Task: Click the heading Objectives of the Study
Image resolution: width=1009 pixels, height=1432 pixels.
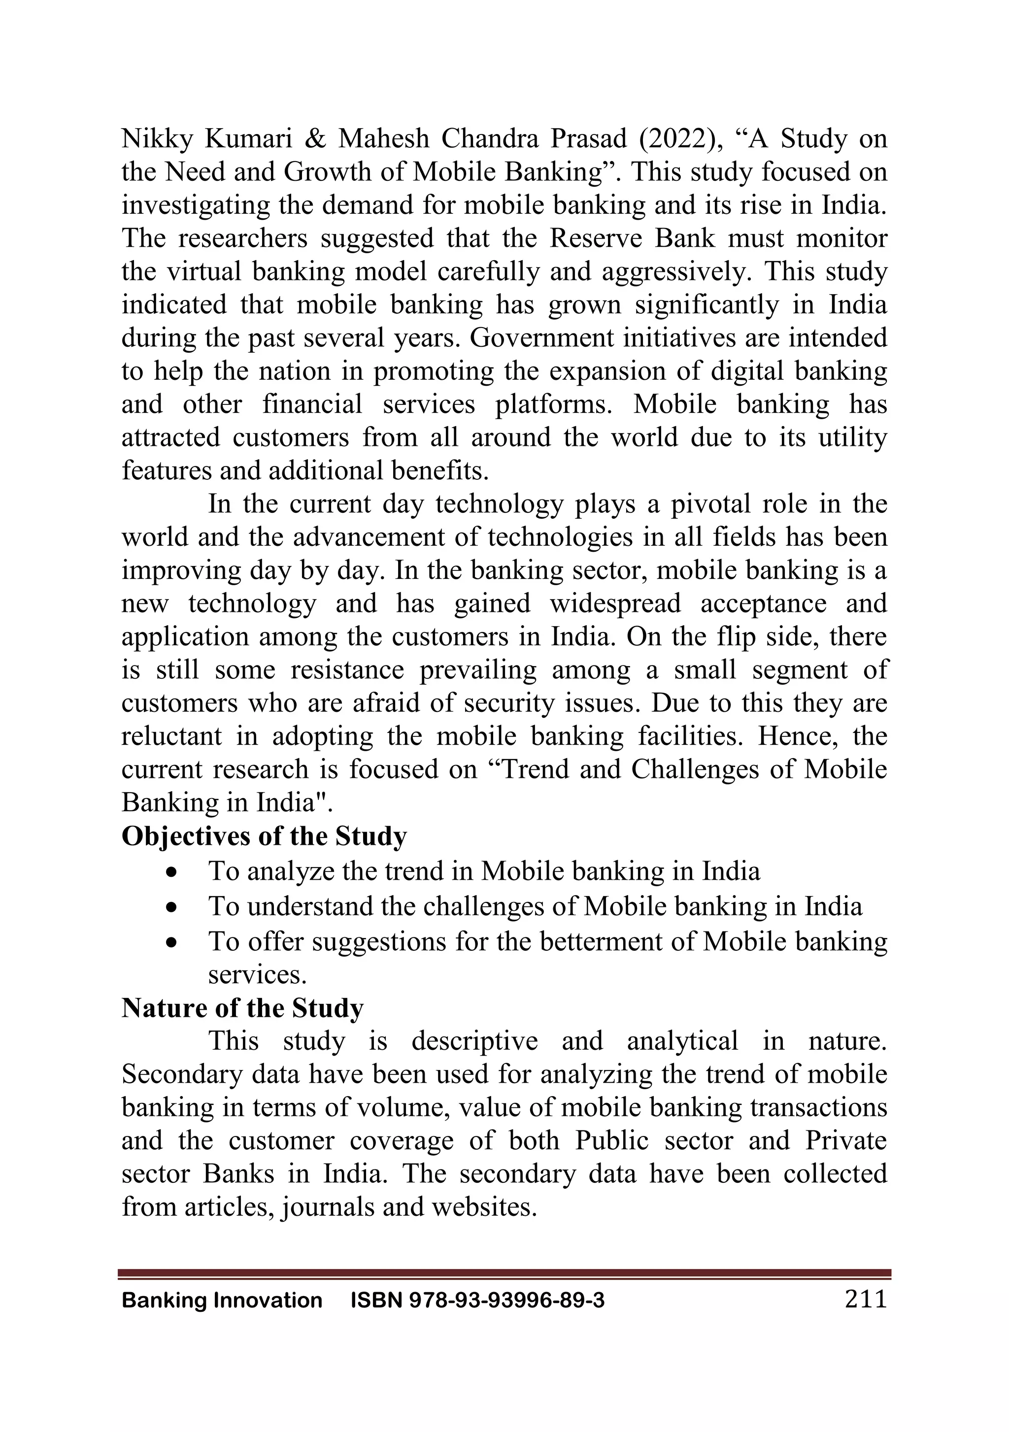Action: click(x=264, y=836)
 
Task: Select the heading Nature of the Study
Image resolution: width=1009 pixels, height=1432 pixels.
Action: click(x=242, y=1008)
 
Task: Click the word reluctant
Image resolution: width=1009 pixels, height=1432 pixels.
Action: click(x=171, y=736)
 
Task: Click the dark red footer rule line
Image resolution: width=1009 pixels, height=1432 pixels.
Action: click(x=504, y=1274)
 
